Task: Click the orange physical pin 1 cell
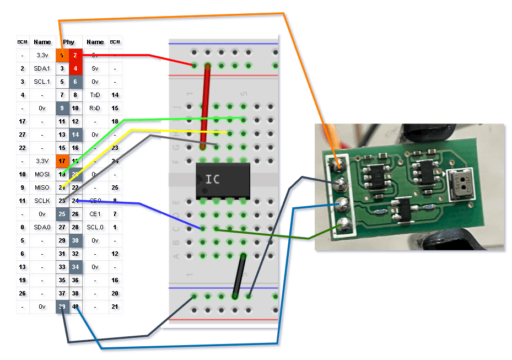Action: point(62,55)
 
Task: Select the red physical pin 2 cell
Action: point(76,55)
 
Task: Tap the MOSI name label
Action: point(42,174)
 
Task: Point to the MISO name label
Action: point(42,187)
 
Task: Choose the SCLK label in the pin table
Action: point(42,201)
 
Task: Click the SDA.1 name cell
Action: point(42,68)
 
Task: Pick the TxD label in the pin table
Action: point(95,95)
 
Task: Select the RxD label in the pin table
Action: point(95,108)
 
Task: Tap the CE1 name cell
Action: point(95,214)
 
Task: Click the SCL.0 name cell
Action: point(95,227)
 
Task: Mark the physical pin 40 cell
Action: point(76,307)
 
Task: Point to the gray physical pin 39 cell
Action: point(62,307)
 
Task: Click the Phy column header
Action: point(69,42)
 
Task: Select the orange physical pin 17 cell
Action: point(62,161)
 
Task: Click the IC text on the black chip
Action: point(214,179)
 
